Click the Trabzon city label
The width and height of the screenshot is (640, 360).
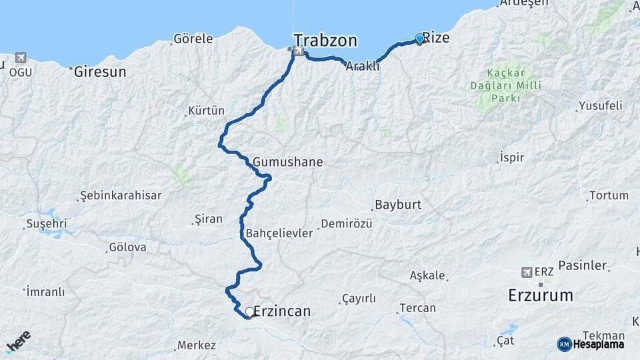(x=325, y=40)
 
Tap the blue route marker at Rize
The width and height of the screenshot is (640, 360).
(x=419, y=39)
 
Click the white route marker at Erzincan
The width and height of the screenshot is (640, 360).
(x=250, y=311)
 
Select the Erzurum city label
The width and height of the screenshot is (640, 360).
(x=540, y=295)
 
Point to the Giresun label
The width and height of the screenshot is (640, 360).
(x=100, y=71)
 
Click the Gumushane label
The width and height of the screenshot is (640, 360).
(x=287, y=162)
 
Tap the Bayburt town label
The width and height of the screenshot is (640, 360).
(x=398, y=205)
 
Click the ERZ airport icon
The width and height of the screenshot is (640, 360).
(x=529, y=272)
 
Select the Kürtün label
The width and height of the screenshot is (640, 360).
(x=206, y=111)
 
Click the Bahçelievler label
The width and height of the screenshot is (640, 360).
(x=279, y=233)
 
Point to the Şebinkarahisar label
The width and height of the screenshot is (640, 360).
(x=121, y=195)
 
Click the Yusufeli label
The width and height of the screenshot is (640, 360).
(x=600, y=106)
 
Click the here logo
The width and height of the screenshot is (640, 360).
(x=19, y=342)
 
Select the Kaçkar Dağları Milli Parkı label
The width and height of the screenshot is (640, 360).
(x=505, y=85)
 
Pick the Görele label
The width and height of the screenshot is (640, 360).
(x=193, y=39)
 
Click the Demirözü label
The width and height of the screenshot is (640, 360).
(x=346, y=224)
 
